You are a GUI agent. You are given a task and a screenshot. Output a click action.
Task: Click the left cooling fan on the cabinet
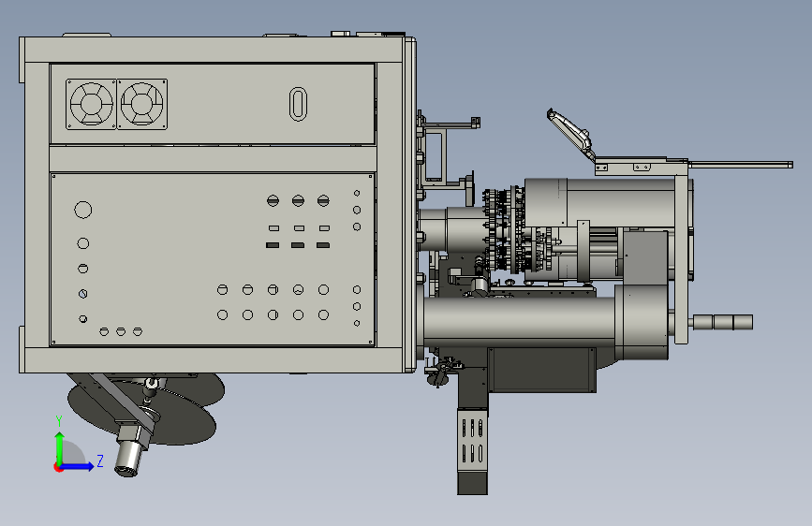(91, 104)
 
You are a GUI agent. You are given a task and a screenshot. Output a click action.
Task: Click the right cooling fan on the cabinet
(142, 104)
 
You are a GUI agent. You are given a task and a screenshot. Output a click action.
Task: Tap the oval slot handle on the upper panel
(298, 104)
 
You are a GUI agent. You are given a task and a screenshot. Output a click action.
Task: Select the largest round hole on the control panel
(82, 210)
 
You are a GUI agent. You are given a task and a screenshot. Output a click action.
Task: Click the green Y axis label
(59, 421)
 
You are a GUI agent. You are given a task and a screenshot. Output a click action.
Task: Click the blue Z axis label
(100, 460)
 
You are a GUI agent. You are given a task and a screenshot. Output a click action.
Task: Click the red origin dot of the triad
(57, 467)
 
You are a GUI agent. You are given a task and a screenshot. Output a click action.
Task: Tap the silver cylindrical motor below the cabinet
(128, 455)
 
